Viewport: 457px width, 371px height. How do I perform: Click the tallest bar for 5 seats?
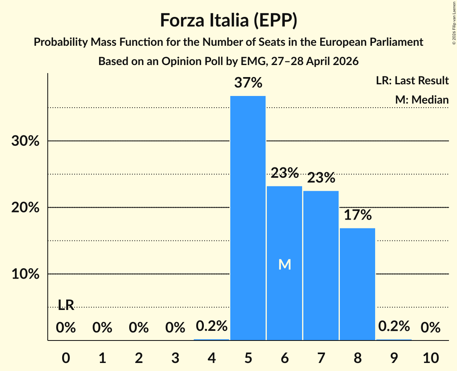coord(248,218)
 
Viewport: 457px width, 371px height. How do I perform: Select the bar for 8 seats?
coord(357,284)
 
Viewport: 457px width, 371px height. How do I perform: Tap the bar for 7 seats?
coord(321,265)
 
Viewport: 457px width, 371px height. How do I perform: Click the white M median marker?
coord(285,265)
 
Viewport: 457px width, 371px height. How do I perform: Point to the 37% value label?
coord(248,83)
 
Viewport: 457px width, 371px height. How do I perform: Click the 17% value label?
coord(357,215)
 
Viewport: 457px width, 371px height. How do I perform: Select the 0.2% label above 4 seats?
coord(211,326)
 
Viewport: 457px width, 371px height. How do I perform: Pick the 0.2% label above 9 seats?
coord(394,326)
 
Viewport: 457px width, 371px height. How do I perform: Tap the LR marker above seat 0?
coord(66,305)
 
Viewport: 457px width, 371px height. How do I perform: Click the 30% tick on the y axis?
coord(25,141)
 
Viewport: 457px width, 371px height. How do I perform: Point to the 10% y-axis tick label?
coord(25,274)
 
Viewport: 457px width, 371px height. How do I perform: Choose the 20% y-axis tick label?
coord(25,208)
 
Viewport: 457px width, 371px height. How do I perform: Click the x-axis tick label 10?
coord(431,358)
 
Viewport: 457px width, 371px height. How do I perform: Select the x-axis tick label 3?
coord(175,358)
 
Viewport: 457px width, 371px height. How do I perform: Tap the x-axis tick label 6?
coord(285,358)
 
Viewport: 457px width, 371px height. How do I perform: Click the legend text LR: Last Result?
coord(412,80)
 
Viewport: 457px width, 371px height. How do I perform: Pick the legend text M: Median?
coord(422,100)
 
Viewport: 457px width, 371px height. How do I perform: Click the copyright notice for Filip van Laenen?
coord(454,23)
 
